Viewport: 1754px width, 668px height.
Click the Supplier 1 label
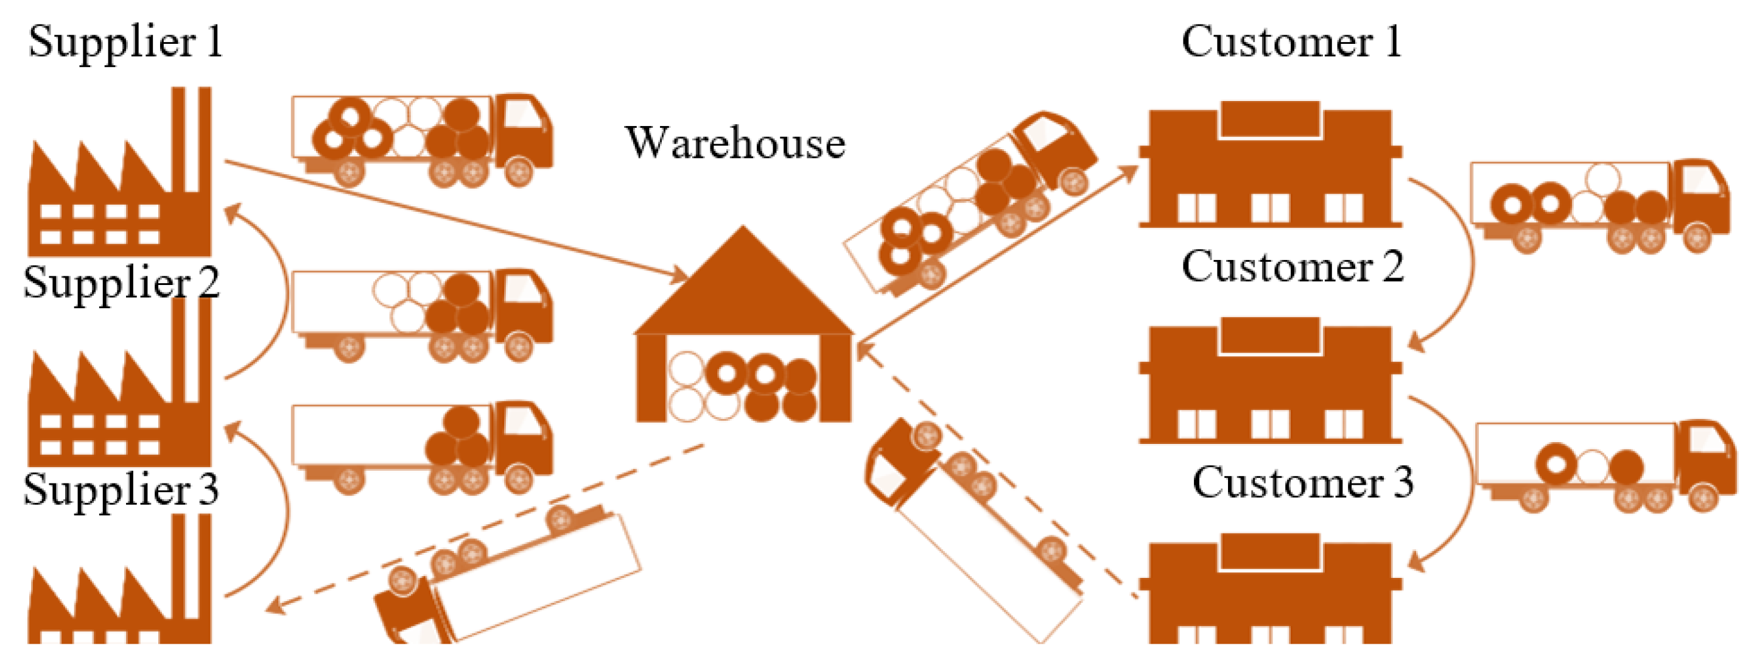[x=126, y=42]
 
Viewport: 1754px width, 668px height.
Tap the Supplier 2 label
[x=121, y=283]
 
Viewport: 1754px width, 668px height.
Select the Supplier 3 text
[x=121, y=490]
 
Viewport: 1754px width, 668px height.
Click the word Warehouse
[x=735, y=144]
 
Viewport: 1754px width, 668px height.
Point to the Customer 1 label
[x=1292, y=42]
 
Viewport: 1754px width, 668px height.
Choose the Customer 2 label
[x=1293, y=267]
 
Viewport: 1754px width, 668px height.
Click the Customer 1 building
[x=1270, y=171]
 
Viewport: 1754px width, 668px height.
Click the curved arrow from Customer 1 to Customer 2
[x=1464, y=259]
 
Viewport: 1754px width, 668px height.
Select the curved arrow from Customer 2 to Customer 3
[x=1464, y=477]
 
